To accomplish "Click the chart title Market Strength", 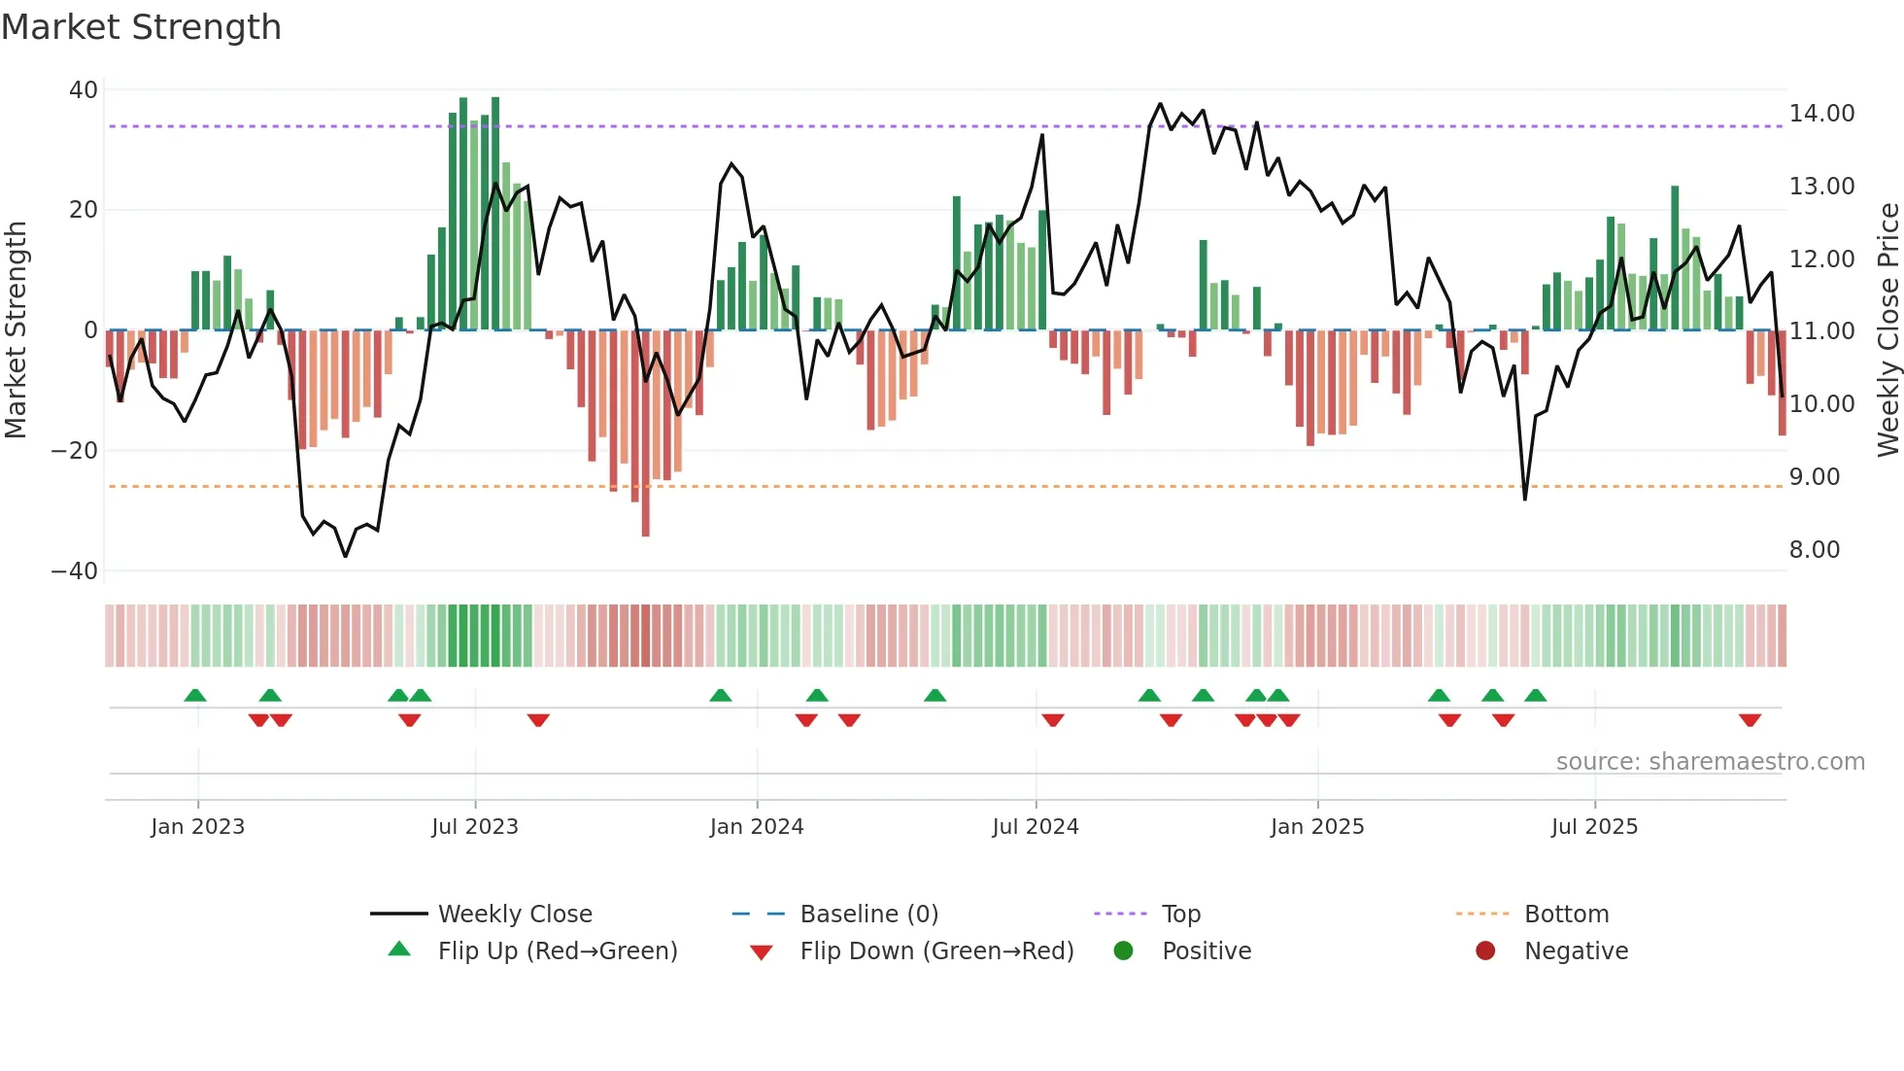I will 141,27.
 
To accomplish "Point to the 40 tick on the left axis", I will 84,90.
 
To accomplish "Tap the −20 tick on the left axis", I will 75,451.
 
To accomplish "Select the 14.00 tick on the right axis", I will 1821,114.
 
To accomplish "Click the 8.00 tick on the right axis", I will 1814,550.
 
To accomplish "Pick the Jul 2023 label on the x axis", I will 475,827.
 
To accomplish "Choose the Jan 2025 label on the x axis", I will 1316,827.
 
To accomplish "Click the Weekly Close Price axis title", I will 1887,330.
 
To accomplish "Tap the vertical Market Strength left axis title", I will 17,330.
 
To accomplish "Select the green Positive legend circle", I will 1123,951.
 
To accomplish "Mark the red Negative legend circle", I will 1485,951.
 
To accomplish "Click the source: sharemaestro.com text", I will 1710,762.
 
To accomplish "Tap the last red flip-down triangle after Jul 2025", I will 1750,720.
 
